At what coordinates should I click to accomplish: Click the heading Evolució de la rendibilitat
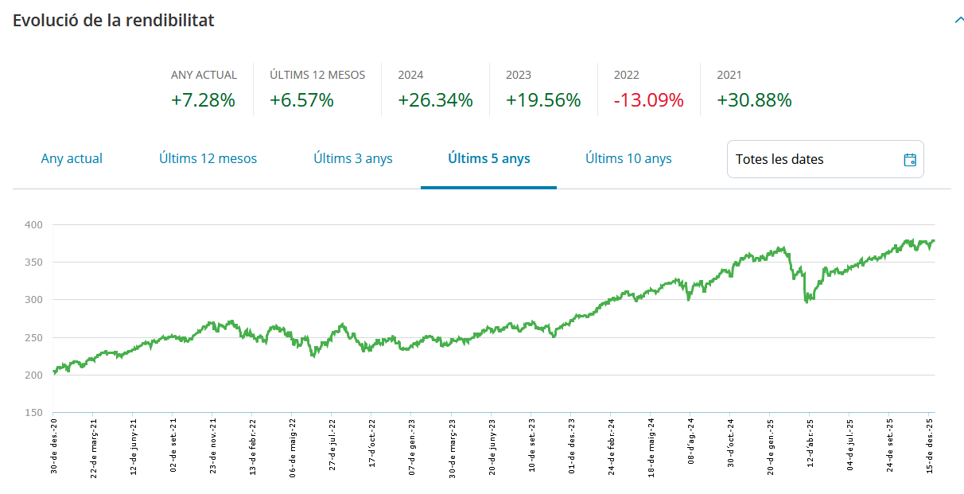pos(113,21)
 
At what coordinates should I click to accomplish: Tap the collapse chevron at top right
pos(958,20)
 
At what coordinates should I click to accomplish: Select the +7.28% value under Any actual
pos(203,100)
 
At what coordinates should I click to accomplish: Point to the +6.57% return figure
pos(301,100)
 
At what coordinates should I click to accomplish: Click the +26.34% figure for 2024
pos(435,100)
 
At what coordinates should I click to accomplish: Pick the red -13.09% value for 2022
pos(648,100)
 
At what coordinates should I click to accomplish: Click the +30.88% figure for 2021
pos(754,100)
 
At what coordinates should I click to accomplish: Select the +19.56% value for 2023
pos(543,100)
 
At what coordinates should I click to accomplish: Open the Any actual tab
pos(72,158)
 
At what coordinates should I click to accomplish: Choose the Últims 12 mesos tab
pos(208,158)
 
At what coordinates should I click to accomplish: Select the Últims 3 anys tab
pos(353,158)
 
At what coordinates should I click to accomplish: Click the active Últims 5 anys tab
pos(488,158)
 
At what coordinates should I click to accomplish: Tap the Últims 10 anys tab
pos(628,158)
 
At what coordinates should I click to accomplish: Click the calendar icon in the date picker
pos(910,159)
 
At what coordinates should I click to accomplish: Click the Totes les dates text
pos(779,159)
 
